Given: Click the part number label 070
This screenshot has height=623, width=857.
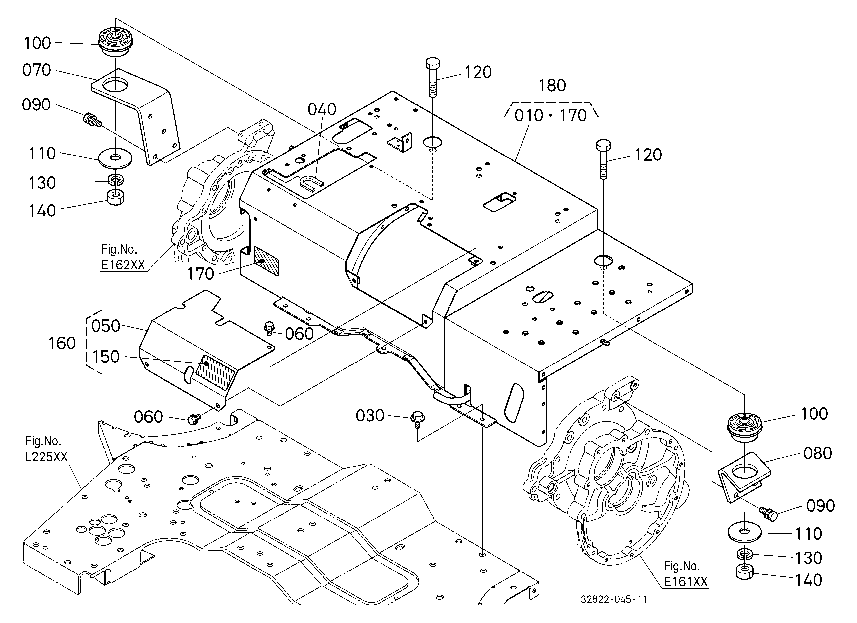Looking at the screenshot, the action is tap(37, 70).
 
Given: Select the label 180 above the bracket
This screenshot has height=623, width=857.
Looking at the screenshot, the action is tap(552, 86).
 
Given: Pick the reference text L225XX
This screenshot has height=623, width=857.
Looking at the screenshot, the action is tap(46, 457).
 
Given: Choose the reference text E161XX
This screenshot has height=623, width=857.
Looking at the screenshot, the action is tap(686, 581).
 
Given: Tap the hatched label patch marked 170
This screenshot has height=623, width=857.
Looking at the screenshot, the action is tap(266, 261).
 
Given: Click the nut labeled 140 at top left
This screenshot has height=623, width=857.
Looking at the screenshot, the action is tap(116, 197).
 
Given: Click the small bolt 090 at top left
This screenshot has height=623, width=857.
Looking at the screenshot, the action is tap(91, 120).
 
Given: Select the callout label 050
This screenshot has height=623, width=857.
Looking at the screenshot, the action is tap(106, 326).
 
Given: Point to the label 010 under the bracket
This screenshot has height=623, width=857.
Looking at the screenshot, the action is tap(529, 116).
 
